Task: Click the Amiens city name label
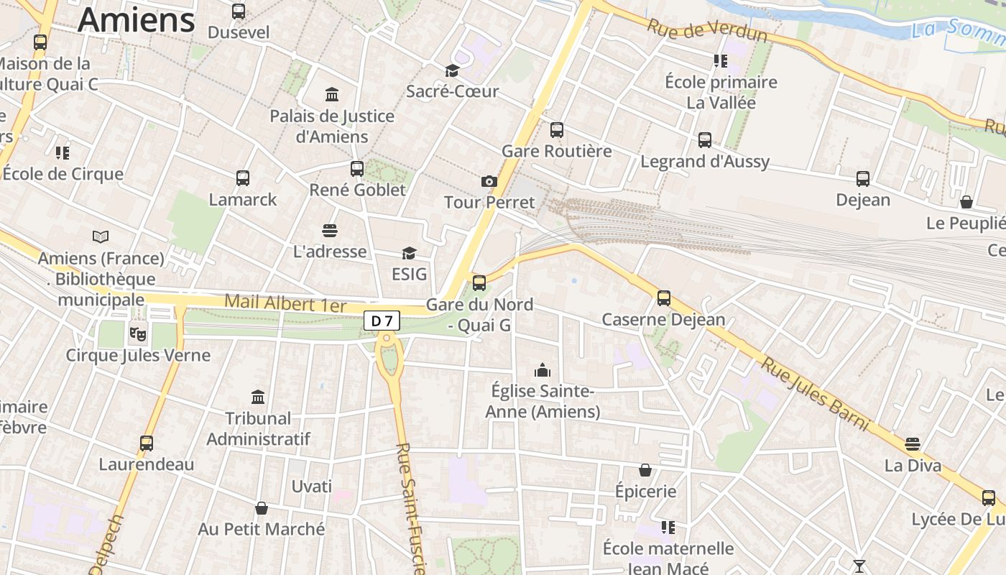tap(137, 19)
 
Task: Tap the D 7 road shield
tap(382, 321)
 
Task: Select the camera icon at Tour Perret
tap(489, 181)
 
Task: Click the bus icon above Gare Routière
tap(557, 130)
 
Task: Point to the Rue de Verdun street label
tap(707, 30)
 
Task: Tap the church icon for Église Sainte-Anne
tap(543, 370)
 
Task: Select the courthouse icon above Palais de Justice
tap(332, 95)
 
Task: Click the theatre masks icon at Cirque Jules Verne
tap(137, 333)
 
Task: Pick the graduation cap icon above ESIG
tap(409, 253)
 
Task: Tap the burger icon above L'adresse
tap(330, 231)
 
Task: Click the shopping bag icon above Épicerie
tap(645, 470)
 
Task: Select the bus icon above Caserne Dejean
tap(664, 298)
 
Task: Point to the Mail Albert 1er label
tap(285, 302)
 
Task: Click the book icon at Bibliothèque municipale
tap(101, 236)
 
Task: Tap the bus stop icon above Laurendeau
tap(147, 443)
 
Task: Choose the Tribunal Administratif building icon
tap(258, 397)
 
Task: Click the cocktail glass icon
tap(859, 566)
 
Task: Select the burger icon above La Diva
tap(913, 444)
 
